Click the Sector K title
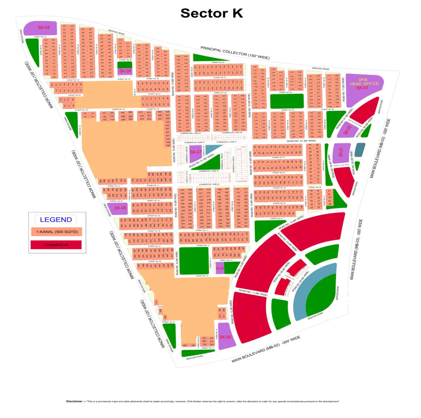(x=212, y=13)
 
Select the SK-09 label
(x=125, y=71)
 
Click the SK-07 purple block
(x=195, y=152)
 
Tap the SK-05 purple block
(x=120, y=208)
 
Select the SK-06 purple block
(x=225, y=337)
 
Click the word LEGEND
(x=56, y=220)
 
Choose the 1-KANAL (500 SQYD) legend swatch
(x=56, y=232)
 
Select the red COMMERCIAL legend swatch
(x=56, y=245)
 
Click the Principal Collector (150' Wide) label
(x=235, y=53)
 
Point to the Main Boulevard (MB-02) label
(x=266, y=349)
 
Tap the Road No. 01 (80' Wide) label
(x=301, y=141)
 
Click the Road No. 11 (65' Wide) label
(x=253, y=293)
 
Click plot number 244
(x=182, y=190)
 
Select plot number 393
(x=185, y=345)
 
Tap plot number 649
(x=160, y=112)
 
